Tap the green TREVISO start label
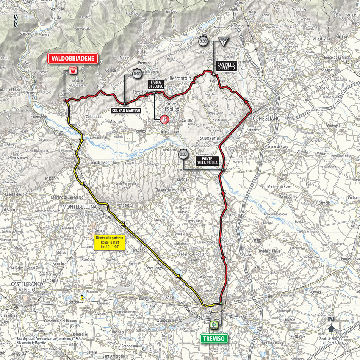(214, 338)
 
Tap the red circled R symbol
(164, 120)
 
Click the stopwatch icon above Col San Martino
(136, 74)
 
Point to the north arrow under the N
(332, 329)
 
